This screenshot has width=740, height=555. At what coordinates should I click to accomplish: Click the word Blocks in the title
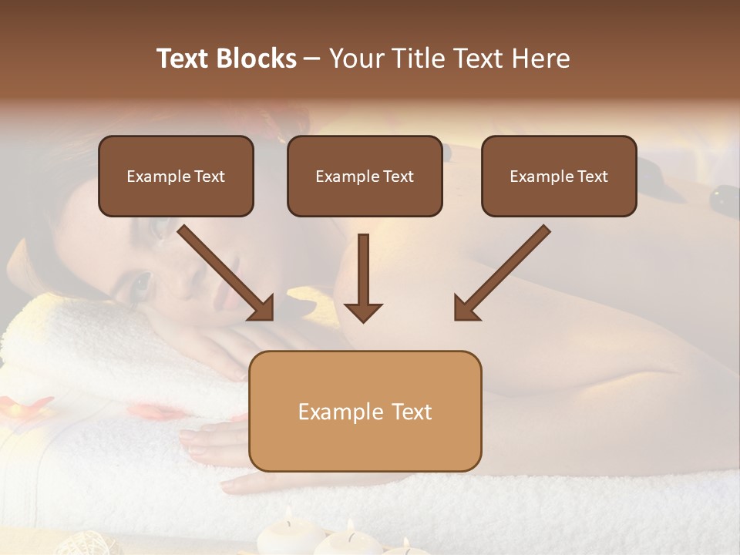click(x=256, y=59)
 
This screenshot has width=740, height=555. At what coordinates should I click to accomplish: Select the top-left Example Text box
click(x=176, y=177)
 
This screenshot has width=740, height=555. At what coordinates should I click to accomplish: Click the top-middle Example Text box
click(x=365, y=177)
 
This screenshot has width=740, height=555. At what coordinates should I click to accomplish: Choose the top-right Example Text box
click(x=559, y=177)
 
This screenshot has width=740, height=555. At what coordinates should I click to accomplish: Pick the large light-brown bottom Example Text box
click(x=365, y=411)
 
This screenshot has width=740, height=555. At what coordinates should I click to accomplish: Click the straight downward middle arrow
click(x=363, y=277)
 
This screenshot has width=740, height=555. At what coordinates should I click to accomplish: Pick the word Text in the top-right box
click(x=593, y=177)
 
